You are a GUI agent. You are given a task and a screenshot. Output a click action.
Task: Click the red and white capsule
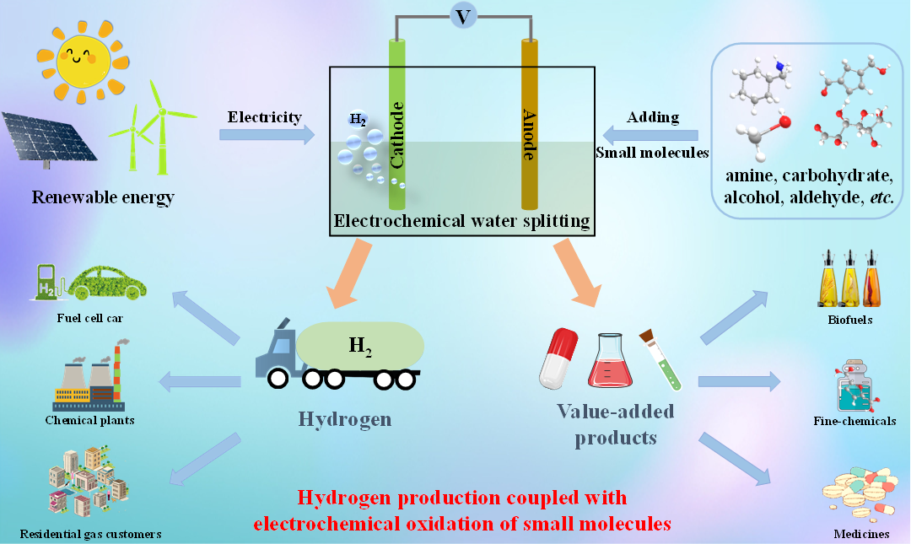pyautogui.click(x=558, y=358)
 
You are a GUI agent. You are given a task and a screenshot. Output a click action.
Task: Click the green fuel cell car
pyautogui.click(x=106, y=283)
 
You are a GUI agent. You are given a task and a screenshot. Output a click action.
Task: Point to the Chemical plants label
pyautogui.click(x=89, y=420)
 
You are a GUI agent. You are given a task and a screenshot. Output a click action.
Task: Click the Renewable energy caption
pyautogui.click(x=103, y=198)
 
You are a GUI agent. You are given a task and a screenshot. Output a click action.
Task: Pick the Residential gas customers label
pyautogui.click(x=91, y=533)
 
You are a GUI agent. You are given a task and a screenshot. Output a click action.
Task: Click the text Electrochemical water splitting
pyautogui.click(x=461, y=222)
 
